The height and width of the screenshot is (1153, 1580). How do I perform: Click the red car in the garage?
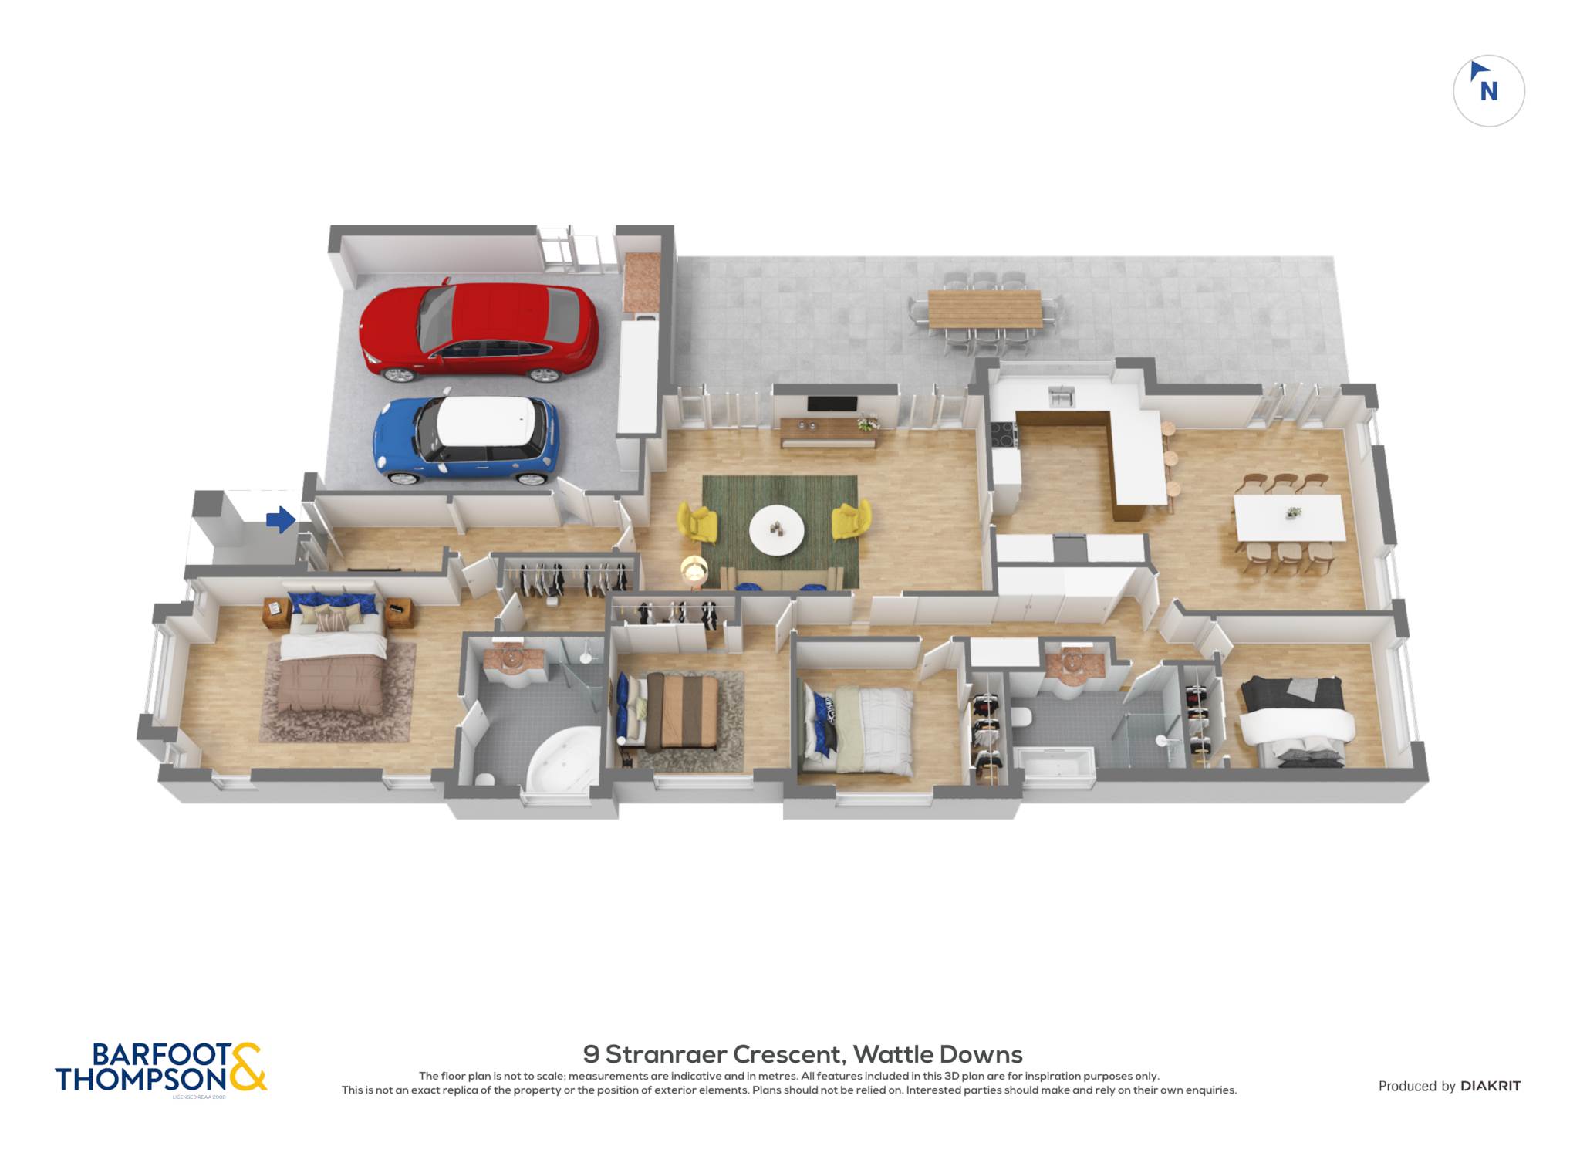(478, 332)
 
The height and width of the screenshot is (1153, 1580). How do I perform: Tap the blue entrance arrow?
(281, 519)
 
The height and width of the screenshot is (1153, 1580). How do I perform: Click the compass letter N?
(1489, 92)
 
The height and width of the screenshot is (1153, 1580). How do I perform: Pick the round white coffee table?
(777, 530)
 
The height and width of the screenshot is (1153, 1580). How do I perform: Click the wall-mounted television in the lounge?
(832, 404)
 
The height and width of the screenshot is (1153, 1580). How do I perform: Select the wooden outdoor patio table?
(985, 309)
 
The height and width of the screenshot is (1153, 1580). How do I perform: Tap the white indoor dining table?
(1290, 518)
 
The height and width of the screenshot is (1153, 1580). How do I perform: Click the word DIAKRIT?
(1491, 1086)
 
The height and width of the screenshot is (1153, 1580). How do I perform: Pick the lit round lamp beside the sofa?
(694, 570)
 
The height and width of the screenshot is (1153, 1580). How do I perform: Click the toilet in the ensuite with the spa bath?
(485, 779)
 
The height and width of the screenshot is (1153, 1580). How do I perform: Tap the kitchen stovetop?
(1004, 435)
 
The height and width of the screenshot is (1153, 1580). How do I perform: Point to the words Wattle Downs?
(937, 1054)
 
